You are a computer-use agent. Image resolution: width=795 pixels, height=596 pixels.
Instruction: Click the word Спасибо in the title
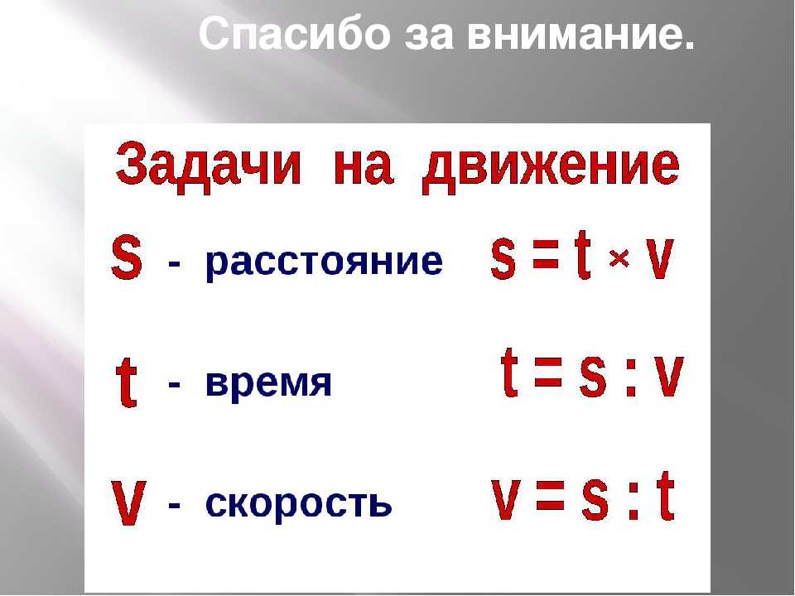pos(295,33)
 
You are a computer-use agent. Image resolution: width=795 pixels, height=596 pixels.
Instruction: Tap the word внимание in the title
pos(581,33)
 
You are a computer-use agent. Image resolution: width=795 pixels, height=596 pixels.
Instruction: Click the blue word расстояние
pos(324,263)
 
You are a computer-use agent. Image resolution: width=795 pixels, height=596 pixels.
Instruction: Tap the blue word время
pos(268,383)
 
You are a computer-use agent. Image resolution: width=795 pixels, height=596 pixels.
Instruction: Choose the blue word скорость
pos(299,503)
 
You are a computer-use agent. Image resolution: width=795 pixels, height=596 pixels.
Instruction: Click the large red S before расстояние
pos(126,257)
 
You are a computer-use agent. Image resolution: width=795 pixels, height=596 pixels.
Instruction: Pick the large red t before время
pos(127,382)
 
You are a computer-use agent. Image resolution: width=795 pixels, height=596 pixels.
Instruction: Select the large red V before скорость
pos(128,503)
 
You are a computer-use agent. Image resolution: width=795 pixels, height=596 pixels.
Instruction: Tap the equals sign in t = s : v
pos(548,372)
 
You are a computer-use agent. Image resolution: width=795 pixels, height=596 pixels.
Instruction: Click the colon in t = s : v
pos(631,377)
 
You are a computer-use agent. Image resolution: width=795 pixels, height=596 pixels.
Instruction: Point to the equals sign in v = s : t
pos(550,495)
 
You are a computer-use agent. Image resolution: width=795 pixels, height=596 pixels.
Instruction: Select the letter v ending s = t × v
pos(661,258)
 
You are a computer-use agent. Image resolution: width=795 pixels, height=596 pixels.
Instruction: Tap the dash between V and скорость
pos(174,505)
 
